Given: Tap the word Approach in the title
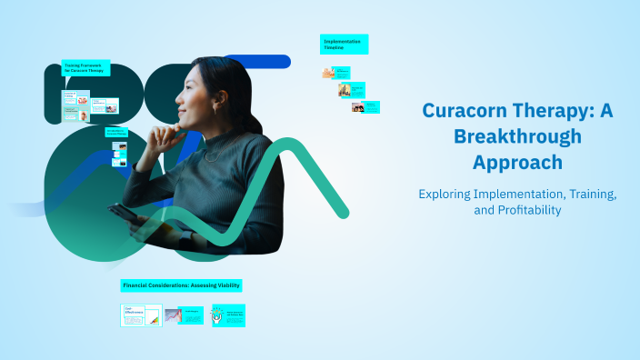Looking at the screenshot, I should click(x=516, y=163).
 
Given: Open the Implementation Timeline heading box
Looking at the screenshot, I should click(x=344, y=45).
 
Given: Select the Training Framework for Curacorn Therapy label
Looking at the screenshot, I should click(x=85, y=68).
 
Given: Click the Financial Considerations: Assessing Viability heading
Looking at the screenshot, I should click(x=181, y=285).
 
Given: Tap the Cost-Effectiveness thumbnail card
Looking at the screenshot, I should click(x=141, y=315).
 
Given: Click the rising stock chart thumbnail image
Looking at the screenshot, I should click(x=173, y=315).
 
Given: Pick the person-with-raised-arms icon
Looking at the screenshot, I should click(x=218, y=315).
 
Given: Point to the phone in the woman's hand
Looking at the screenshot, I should click(x=121, y=214).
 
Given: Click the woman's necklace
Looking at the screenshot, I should click(x=211, y=155).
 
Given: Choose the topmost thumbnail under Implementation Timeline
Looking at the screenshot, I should click(x=328, y=73).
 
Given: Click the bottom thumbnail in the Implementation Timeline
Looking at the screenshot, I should click(x=357, y=107).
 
